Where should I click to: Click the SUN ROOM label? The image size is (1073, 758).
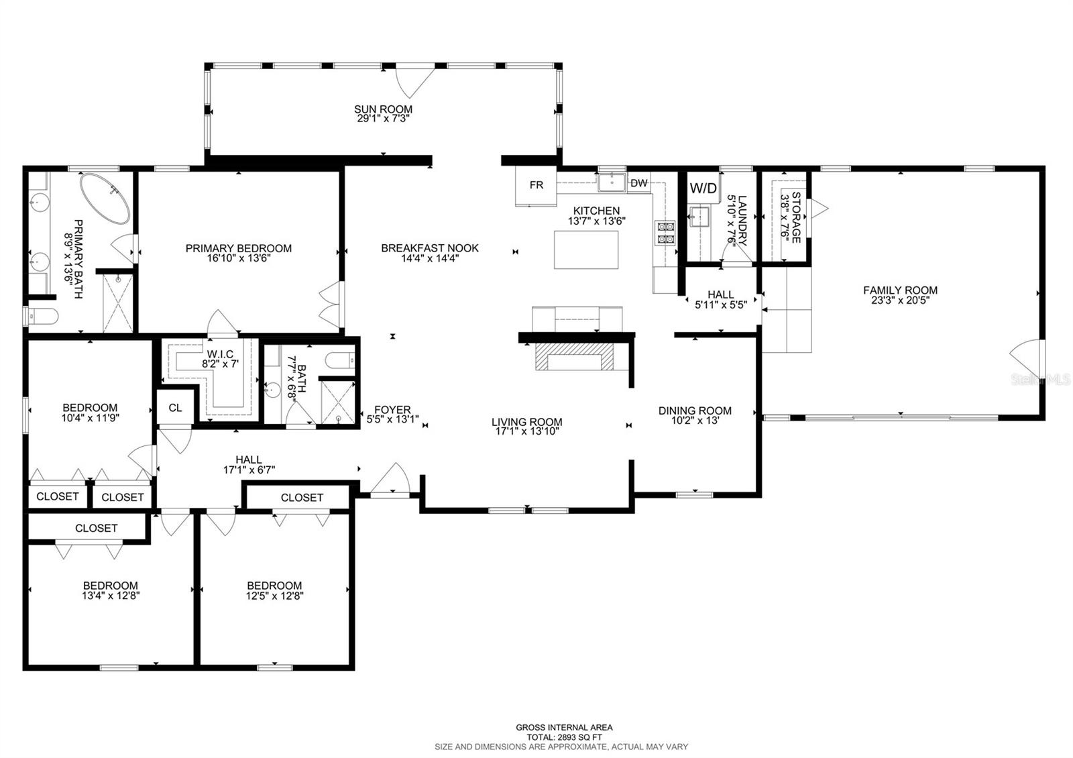point(383,109)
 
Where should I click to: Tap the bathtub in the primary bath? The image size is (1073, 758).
point(105,199)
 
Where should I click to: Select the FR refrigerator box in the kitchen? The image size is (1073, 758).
point(536,186)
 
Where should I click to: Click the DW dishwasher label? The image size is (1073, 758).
point(639,183)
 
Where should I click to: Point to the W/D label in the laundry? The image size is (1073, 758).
point(703,188)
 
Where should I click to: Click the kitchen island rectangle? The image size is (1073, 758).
point(586,250)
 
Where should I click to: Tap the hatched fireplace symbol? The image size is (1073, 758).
point(574,356)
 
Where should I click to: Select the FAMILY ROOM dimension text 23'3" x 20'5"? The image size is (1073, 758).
point(900,301)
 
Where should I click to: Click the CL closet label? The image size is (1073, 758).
point(175,407)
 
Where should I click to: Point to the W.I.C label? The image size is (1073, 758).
point(221,354)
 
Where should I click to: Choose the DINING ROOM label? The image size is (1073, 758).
point(695,411)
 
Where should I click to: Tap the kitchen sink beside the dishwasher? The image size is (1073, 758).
point(612,182)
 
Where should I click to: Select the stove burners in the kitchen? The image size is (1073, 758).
point(665,233)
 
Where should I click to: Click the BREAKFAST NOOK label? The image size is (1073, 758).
point(430,248)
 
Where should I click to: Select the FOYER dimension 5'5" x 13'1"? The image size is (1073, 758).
point(392,420)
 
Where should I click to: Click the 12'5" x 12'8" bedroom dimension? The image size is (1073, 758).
point(274,596)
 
